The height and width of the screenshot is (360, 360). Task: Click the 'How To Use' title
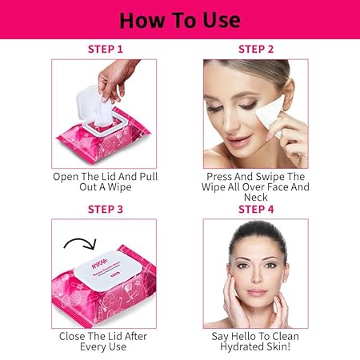180,20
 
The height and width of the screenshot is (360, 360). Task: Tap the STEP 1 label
106,50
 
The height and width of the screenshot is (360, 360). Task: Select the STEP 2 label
256,50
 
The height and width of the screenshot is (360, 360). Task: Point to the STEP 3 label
106,210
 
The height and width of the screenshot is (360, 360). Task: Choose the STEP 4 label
256,210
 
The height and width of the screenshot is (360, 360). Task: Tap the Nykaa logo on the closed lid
99,262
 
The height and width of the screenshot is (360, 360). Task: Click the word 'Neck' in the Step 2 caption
255,198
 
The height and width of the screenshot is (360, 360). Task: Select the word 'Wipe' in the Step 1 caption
119,187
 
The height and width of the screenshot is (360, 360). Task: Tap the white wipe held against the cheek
270,114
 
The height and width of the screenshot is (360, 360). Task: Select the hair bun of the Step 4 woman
257,234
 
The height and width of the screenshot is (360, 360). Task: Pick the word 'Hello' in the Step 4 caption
243,336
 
